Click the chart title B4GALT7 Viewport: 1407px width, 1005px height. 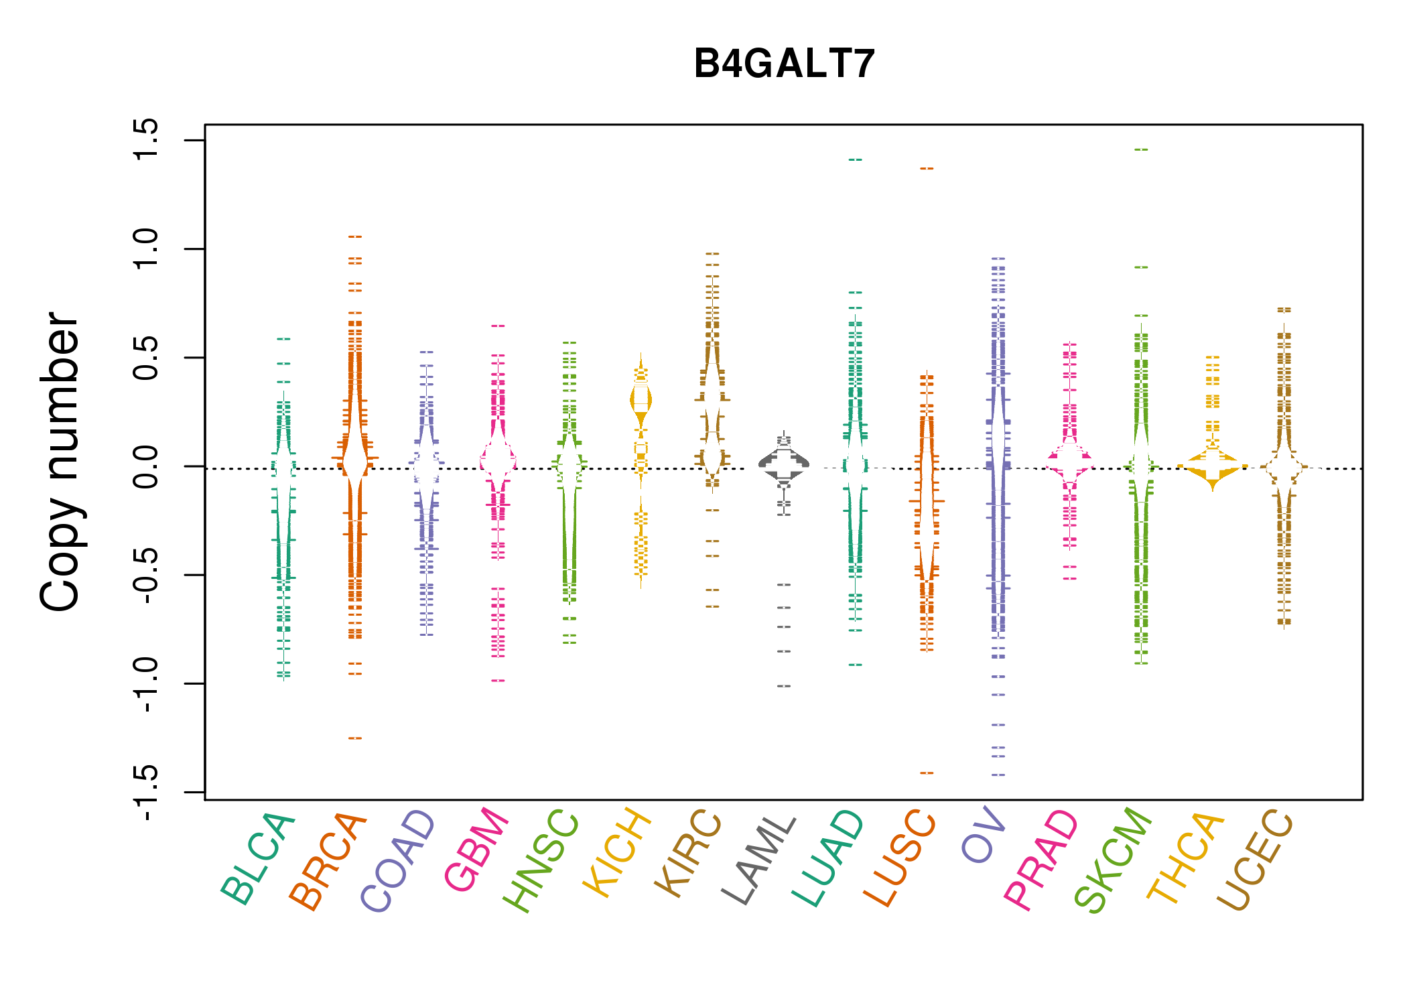tap(784, 64)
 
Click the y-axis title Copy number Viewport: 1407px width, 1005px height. tap(60, 462)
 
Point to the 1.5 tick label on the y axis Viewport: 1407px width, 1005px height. tap(145, 140)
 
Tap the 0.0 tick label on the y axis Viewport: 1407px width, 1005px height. tap(145, 466)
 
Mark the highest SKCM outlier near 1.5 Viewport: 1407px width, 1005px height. tap(1141, 150)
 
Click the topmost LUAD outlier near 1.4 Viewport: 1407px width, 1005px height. tap(856, 160)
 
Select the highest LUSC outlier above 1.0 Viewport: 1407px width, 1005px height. tap(927, 169)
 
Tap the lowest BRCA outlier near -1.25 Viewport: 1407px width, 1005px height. tap(355, 738)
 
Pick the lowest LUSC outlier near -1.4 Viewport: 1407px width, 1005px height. tap(927, 773)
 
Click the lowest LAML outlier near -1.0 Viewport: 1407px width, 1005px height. tap(784, 686)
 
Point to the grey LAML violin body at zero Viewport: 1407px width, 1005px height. tap(784, 463)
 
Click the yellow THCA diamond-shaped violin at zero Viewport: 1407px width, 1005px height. tap(1213, 466)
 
